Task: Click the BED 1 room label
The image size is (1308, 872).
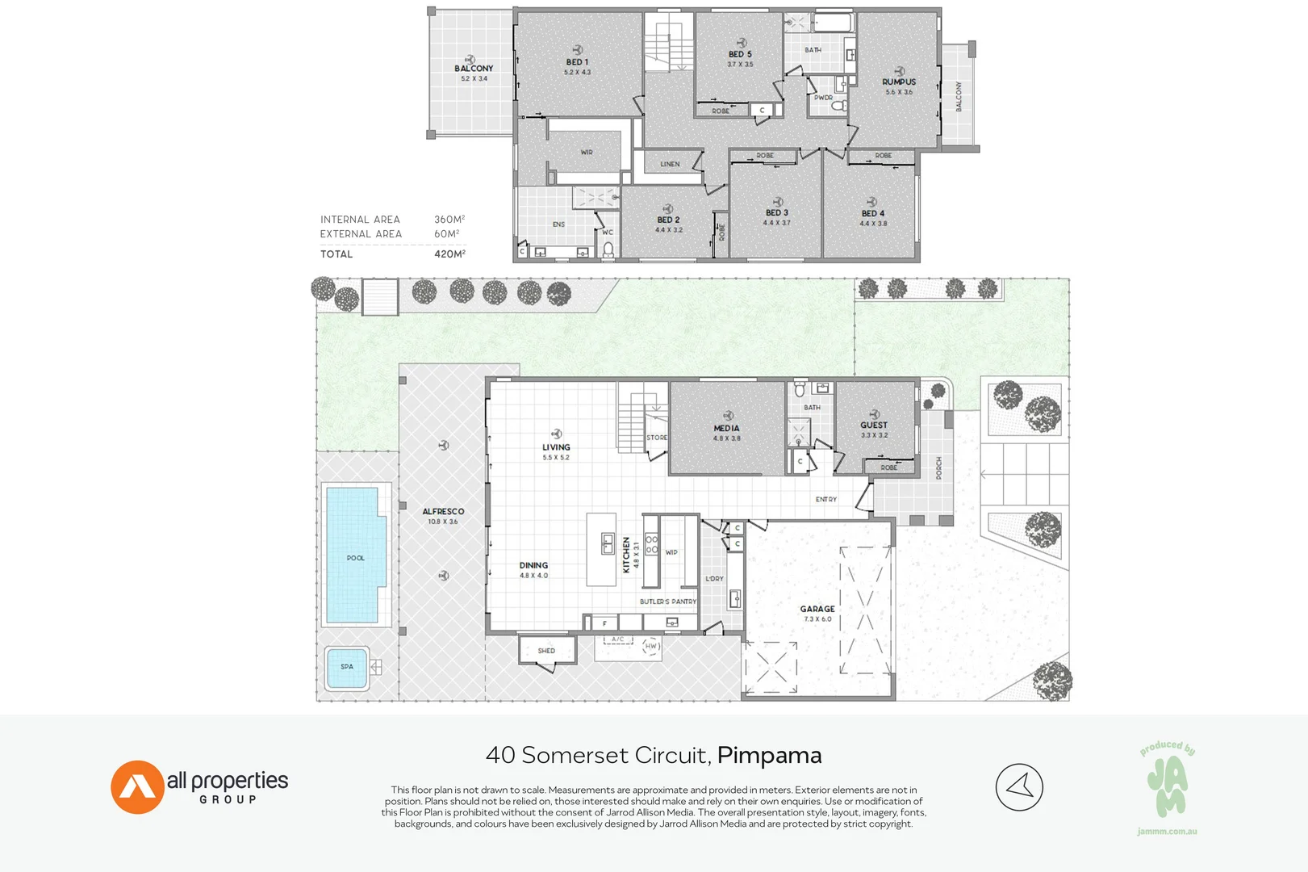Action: point(577,62)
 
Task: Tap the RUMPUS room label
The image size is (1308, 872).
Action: point(898,82)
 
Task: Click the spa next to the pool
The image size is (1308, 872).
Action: point(347,667)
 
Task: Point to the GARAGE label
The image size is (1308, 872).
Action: point(817,609)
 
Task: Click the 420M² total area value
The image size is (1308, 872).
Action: point(449,254)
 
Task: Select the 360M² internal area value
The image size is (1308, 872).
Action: point(449,220)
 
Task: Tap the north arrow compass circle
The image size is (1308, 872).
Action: point(1019,787)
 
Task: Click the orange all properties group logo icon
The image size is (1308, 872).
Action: point(137,787)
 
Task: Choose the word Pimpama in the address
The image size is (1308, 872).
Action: point(769,755)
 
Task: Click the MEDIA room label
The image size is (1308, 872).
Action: point(726,428)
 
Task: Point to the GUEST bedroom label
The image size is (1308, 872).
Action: point(873,425)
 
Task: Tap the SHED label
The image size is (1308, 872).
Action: point(546,651)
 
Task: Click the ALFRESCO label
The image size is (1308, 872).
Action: point(443,511)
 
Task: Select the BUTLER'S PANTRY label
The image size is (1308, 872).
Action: point(668,602)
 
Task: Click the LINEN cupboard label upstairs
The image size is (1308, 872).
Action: point(670,164)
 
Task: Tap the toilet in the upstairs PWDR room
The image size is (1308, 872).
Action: point(838,105)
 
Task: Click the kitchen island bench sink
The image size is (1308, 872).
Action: point(608,544)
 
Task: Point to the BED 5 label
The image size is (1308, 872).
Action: point(739,54)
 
